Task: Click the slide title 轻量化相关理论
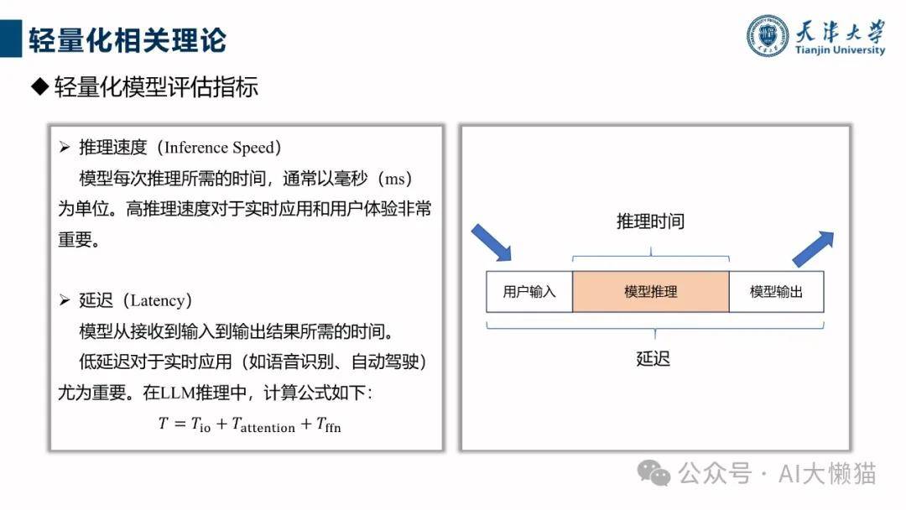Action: (128, 40)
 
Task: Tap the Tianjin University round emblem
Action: (767, 36)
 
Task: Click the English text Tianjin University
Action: (840, 49)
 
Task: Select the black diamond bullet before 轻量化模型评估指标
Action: (40, 87)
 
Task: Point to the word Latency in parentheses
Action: (157, 300)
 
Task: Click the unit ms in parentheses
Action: (394, 179)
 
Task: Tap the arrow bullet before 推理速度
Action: (64, 148)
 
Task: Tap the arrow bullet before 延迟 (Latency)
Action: (64, 300)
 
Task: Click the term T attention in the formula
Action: (263, 425)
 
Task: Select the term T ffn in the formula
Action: (329, 425)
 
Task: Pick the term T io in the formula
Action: (201, 425)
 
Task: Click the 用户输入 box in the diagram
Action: (529, 292)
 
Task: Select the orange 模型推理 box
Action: (651, 292)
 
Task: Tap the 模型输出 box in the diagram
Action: (777, 292)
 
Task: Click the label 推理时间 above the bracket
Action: (651, 221)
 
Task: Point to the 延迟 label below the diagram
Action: (653, 359)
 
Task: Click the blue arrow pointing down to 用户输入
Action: (491, 243)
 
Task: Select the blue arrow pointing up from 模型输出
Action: (813, 249)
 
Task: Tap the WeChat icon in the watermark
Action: (653, 473)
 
